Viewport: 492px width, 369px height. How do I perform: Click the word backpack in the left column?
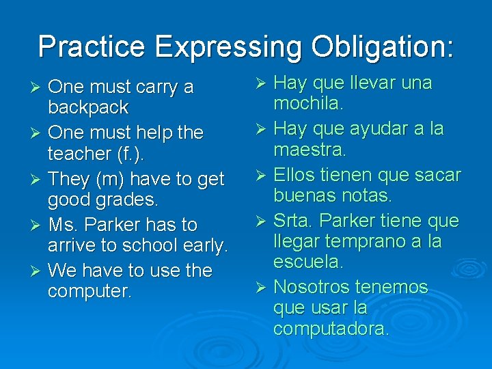tap(88, 107)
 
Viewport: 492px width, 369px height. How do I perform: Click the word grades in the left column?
tap(124, 200)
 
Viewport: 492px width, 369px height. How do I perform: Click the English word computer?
tap(89, 292)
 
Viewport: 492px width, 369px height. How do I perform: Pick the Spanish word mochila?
tap(308, 103)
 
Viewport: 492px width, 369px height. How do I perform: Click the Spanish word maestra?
tap(310, 148)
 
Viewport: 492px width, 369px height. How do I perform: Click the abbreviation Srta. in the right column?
tap(295, 221)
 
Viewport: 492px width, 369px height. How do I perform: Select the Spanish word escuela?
tap(307, 262)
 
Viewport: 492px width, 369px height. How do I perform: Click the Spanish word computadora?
tap(331, 329)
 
